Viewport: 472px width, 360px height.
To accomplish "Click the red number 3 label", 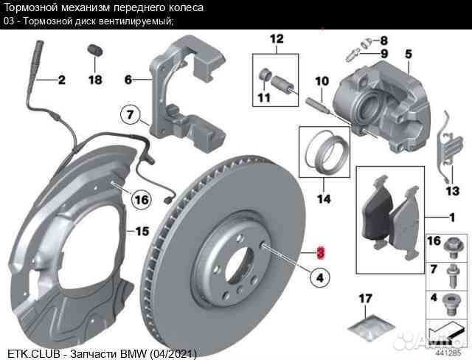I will click(x=319, y=252).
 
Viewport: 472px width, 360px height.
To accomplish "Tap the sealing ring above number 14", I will click(x=324, y=150).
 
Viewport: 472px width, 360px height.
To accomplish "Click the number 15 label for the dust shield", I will click(x=142, y=231).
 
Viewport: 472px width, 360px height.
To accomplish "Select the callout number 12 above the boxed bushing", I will click(x=276, y=38).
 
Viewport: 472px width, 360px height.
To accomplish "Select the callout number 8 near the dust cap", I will click(x=384, y=40).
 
